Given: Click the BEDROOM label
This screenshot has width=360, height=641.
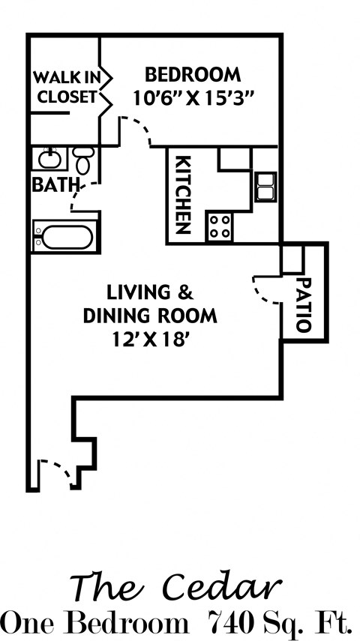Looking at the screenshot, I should click(x=193, y=75).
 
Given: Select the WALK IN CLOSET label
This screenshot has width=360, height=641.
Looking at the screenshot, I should click(x=65, y=86).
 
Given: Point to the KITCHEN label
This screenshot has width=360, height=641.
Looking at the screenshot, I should click(x=182, y=194).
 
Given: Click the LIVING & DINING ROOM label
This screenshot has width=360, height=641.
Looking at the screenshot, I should click(x=150, y=302).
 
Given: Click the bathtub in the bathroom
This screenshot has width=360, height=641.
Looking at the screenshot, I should click(x=66, y=237).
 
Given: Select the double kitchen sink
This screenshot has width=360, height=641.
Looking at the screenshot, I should click(x=265, y=187).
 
